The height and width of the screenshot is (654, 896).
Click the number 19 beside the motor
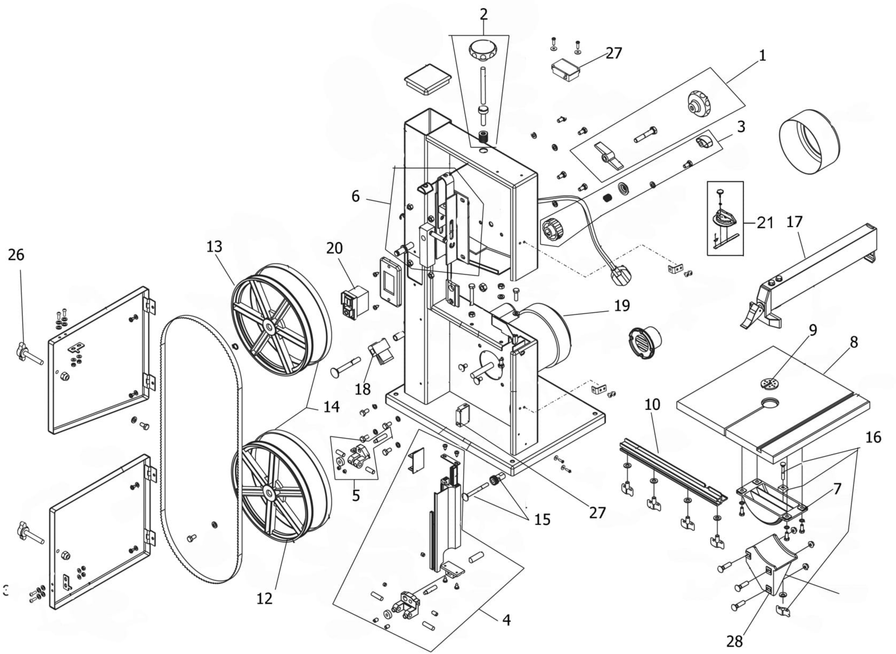pos(622,306)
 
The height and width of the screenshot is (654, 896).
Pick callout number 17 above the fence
pos(794,222)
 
